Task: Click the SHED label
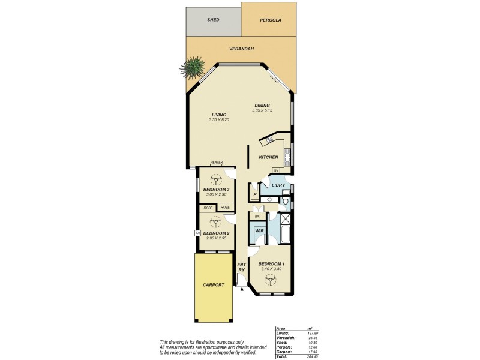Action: coord(213,20)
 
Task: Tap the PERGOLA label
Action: coord(271,20)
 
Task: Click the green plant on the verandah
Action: coord(194,67)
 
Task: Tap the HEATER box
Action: coord(217,162)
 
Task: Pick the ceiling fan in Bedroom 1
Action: coord(271,279)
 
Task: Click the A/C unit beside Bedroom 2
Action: coord(197,233)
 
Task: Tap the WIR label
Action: coord(259,230)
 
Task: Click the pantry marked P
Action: coord(255,194)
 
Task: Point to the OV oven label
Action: coord(276,170)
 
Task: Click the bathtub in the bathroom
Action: coord(285,234)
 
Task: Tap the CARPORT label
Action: coord(213,285)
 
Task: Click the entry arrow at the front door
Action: coord(242,289)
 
